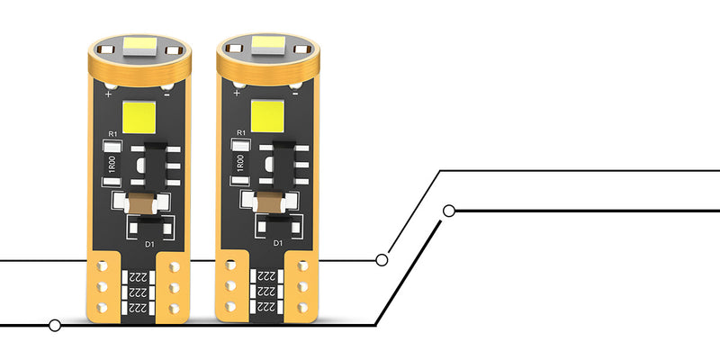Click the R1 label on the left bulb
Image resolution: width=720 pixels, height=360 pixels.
(112, 134)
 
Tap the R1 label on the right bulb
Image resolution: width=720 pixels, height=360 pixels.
(240, 134)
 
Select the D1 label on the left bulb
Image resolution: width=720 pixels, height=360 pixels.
(150, 243)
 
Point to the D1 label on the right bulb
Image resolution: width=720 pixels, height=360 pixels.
(278, 243)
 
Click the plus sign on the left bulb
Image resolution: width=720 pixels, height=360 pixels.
(108, 93)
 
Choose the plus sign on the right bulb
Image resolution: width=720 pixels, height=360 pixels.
(237, 93)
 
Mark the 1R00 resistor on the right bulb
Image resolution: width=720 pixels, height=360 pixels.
(241, 165)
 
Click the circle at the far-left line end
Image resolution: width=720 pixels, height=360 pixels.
(56, 324)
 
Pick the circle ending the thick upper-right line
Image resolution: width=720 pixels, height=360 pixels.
(450, 211)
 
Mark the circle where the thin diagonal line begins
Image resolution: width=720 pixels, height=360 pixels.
(382, 260)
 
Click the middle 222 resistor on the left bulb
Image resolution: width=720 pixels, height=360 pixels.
(138, 293)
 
